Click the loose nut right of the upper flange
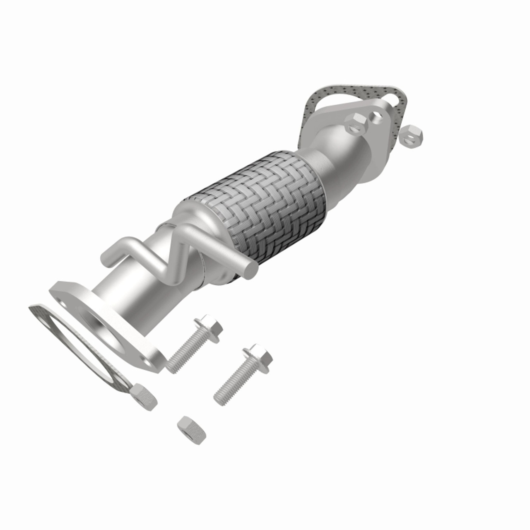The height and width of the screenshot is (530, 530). (412, 135)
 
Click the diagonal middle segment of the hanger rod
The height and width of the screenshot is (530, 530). (166, 259)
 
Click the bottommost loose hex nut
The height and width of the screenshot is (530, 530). (191, 430)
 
